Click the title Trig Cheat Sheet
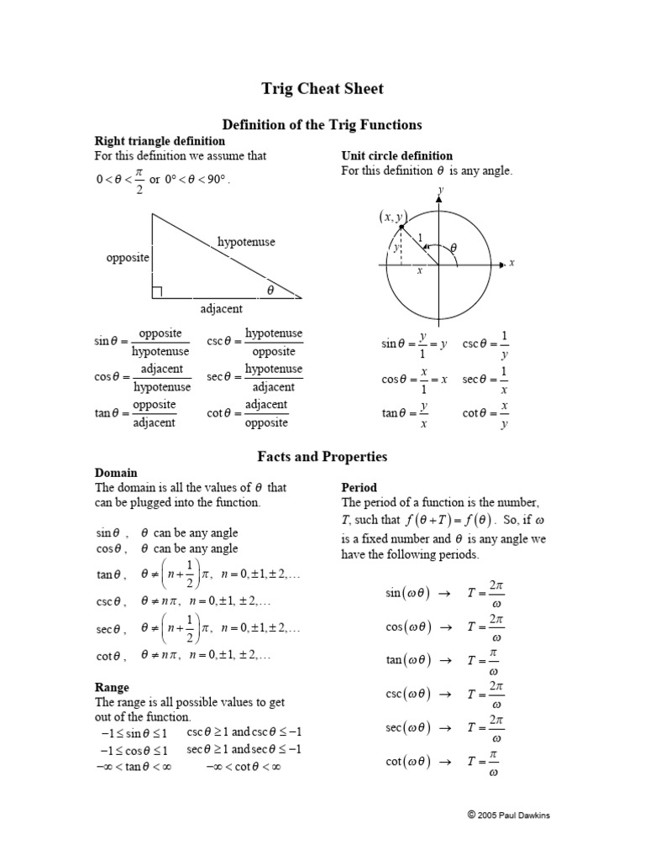click(x=322, y=90)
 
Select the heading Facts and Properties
click(x=322, y=457)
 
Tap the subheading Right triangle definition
click(x=160, y=141)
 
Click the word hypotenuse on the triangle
click(x=246, y=242)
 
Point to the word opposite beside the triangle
click(x=128, y=258)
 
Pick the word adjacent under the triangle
click(x=222, y=309)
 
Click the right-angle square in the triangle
click(x=157, y=292)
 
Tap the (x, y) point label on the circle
click(x=391, y=217)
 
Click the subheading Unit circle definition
click(x=396, y=155)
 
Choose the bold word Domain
click(x=116, y=473)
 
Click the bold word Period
click(x=359, y=487)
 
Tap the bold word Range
click(x=112, y=687)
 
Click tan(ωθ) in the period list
click(x=407, y=660)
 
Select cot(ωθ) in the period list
click(x=407, y=762)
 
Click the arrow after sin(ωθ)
click(x=446, y=593)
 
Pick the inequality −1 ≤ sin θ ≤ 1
click(x=134, y=734)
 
